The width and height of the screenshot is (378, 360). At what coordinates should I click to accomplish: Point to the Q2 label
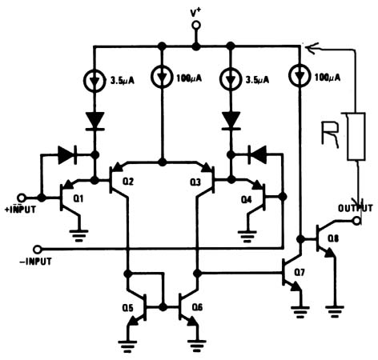tap(127, 182)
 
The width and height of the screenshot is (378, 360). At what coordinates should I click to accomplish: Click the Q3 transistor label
tap(195, 182)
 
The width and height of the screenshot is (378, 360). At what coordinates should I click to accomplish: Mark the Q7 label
tap(299, 274)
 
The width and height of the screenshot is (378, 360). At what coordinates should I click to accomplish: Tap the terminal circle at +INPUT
tap(42, 197)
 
